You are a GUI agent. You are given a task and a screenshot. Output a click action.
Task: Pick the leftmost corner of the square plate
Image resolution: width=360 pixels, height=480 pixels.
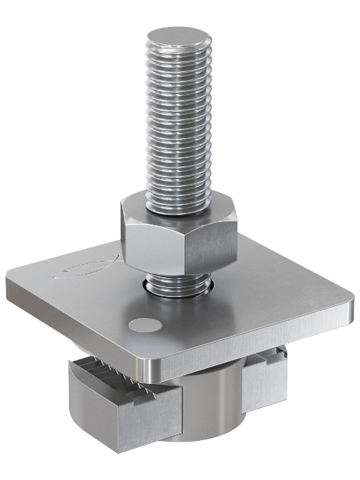[x=12, y=285]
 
